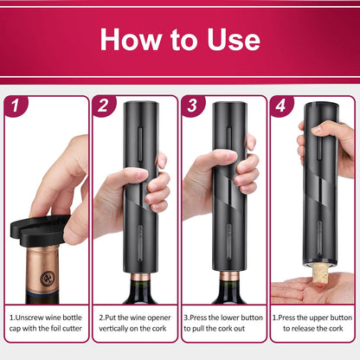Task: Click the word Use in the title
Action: tap(234, 39)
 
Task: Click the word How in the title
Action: tap(131, 39)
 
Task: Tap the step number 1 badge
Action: tap(16, 106)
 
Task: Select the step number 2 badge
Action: tap(104, 106)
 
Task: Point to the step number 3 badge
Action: tap(193, 106)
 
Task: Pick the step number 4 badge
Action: tap(281, 106)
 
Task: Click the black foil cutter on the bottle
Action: tap(39, 230)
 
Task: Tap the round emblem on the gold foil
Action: tap(48, 278)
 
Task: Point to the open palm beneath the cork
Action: tap(312, 289)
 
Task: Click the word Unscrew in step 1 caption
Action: tap(30, 318)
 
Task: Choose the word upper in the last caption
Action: tap(318, 318)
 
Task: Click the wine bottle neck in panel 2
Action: tap(140, 287)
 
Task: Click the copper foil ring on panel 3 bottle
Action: tap(229, 275)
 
